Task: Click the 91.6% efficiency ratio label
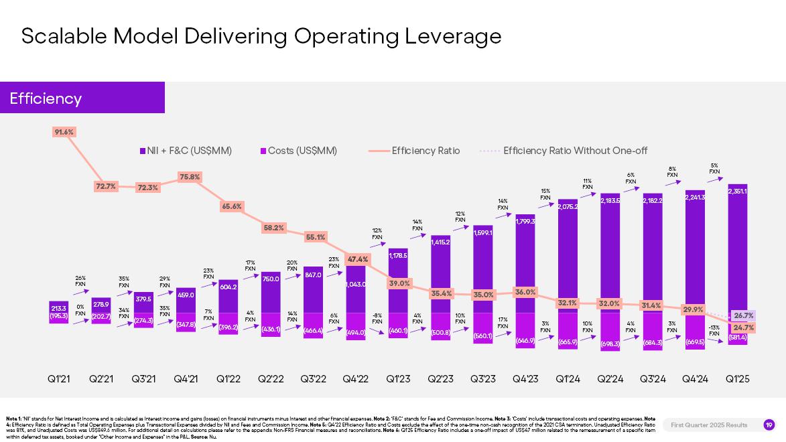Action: [x=64, y=132]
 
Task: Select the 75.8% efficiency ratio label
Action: [x=190, y=177]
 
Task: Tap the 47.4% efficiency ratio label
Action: [x=358, y=259]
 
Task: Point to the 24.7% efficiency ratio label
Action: [x=743, y=327]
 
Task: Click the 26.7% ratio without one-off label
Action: [x=743, y=315]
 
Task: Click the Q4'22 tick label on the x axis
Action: [x=356, y=379]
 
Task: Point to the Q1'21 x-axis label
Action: [x=59, y=379]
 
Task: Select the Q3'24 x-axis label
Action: [x=653, y=379]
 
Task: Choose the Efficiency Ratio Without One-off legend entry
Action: [x=575, y=151]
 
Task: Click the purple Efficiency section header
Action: [x=82, y=98]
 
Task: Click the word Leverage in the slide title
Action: [x=453, y=35]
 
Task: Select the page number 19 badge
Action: [x=769, y=425]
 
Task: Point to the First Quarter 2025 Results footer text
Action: [x=709, y=425]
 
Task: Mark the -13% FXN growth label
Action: [x=714, y=330]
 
